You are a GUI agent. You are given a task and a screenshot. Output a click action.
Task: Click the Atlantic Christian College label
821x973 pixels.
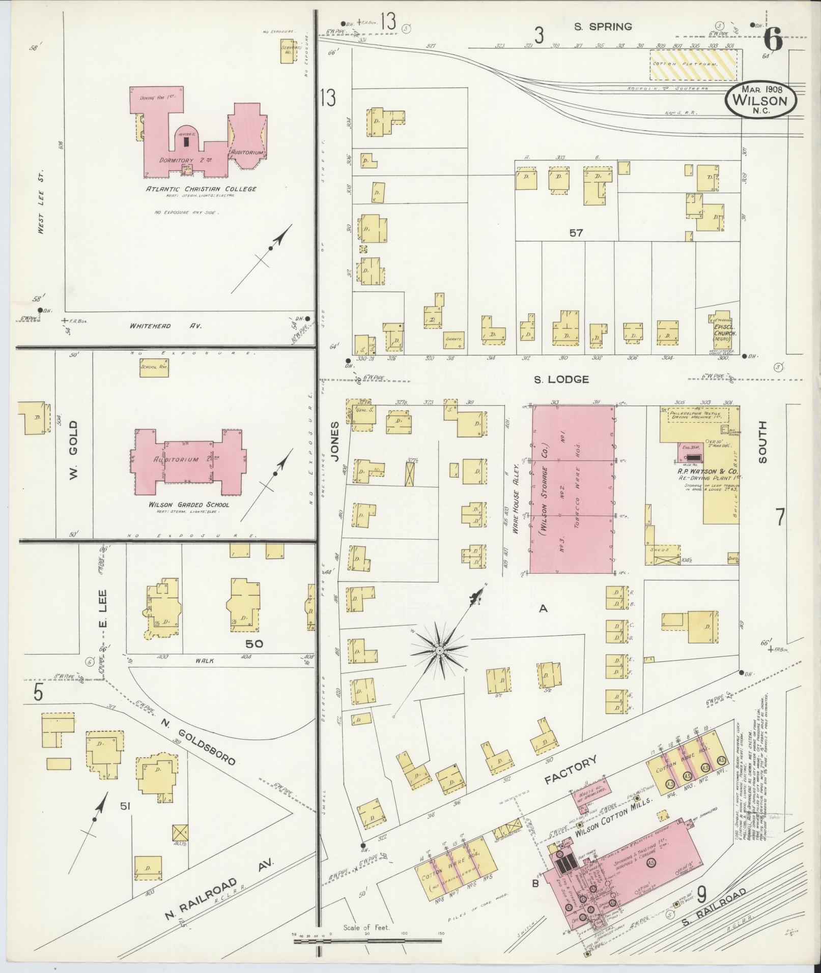[x=201, y=189]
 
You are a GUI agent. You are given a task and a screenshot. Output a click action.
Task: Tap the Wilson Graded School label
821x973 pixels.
[x=189, y=505]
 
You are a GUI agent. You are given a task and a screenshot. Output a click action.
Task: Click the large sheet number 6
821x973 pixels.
[x=773, y=40]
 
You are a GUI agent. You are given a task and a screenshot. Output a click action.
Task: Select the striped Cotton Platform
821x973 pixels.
[x=693, y=64]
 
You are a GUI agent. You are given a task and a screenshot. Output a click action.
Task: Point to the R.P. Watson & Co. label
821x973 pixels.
[x=700, y=471]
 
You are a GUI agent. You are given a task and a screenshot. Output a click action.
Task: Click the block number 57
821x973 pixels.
[x=576, y=233]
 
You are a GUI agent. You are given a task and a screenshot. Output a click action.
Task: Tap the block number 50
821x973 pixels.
[x=254, y=643]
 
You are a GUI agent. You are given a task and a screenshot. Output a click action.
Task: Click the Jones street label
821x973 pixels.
[x=335, y=441]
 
